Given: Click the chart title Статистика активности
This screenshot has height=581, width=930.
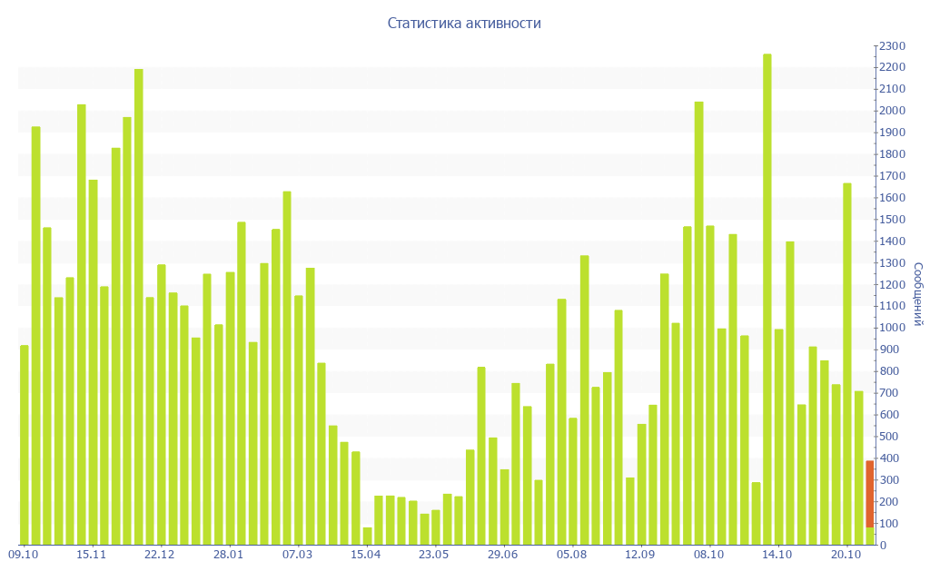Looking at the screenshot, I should pos(464,24).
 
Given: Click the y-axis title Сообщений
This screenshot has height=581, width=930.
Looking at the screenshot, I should pos(918,294).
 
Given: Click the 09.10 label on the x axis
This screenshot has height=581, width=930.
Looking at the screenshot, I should pos(23,555).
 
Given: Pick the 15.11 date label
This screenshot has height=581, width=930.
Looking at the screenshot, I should pos(92,555).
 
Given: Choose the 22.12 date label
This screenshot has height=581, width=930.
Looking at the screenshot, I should pos(160,555).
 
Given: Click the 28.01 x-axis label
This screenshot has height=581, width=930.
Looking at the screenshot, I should pos(229,555).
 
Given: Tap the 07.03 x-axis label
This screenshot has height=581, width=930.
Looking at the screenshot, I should pos(297,555).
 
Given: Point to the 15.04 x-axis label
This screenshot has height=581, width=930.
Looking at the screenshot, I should pos(366,555).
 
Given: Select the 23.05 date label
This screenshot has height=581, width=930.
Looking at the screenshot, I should pos(434,555).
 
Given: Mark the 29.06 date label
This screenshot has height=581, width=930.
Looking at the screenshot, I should pos(503,555).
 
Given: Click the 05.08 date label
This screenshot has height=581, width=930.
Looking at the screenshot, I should pos(571,555).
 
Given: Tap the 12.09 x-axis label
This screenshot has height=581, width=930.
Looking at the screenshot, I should pos(640,555).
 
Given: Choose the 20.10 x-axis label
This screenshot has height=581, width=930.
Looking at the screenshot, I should pos(846,555).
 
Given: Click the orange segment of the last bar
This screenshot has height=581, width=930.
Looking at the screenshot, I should pos(869,494).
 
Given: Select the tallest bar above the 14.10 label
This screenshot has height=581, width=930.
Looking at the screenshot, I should pos(767,300).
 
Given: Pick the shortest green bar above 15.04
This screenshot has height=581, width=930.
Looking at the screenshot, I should pos(367,536).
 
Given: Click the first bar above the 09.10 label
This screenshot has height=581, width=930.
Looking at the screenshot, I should pos(25,445).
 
